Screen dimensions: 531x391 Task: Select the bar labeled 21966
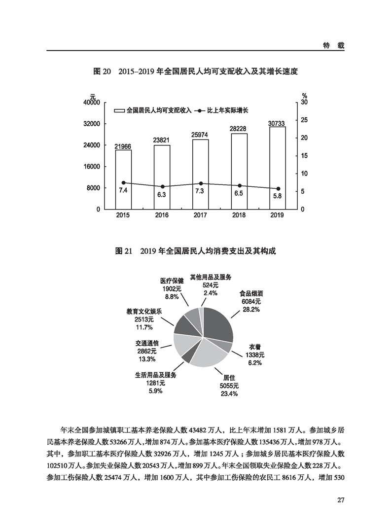[x=123, y=179]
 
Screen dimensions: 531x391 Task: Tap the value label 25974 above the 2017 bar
[x=200, y=135]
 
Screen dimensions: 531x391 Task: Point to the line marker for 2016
[x=162, y=187]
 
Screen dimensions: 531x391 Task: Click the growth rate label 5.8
[x=277, y=196]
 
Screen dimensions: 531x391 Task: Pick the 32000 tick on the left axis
[x=92, y=124]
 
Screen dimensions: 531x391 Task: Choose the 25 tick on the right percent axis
[x=304, y=120]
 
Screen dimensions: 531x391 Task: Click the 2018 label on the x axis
[x=239, y=215]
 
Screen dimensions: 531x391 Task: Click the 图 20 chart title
[x=196, y=71]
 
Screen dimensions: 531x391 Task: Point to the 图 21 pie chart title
[x=195, y=251]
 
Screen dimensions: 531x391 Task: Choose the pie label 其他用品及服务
[x=211, y=277]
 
